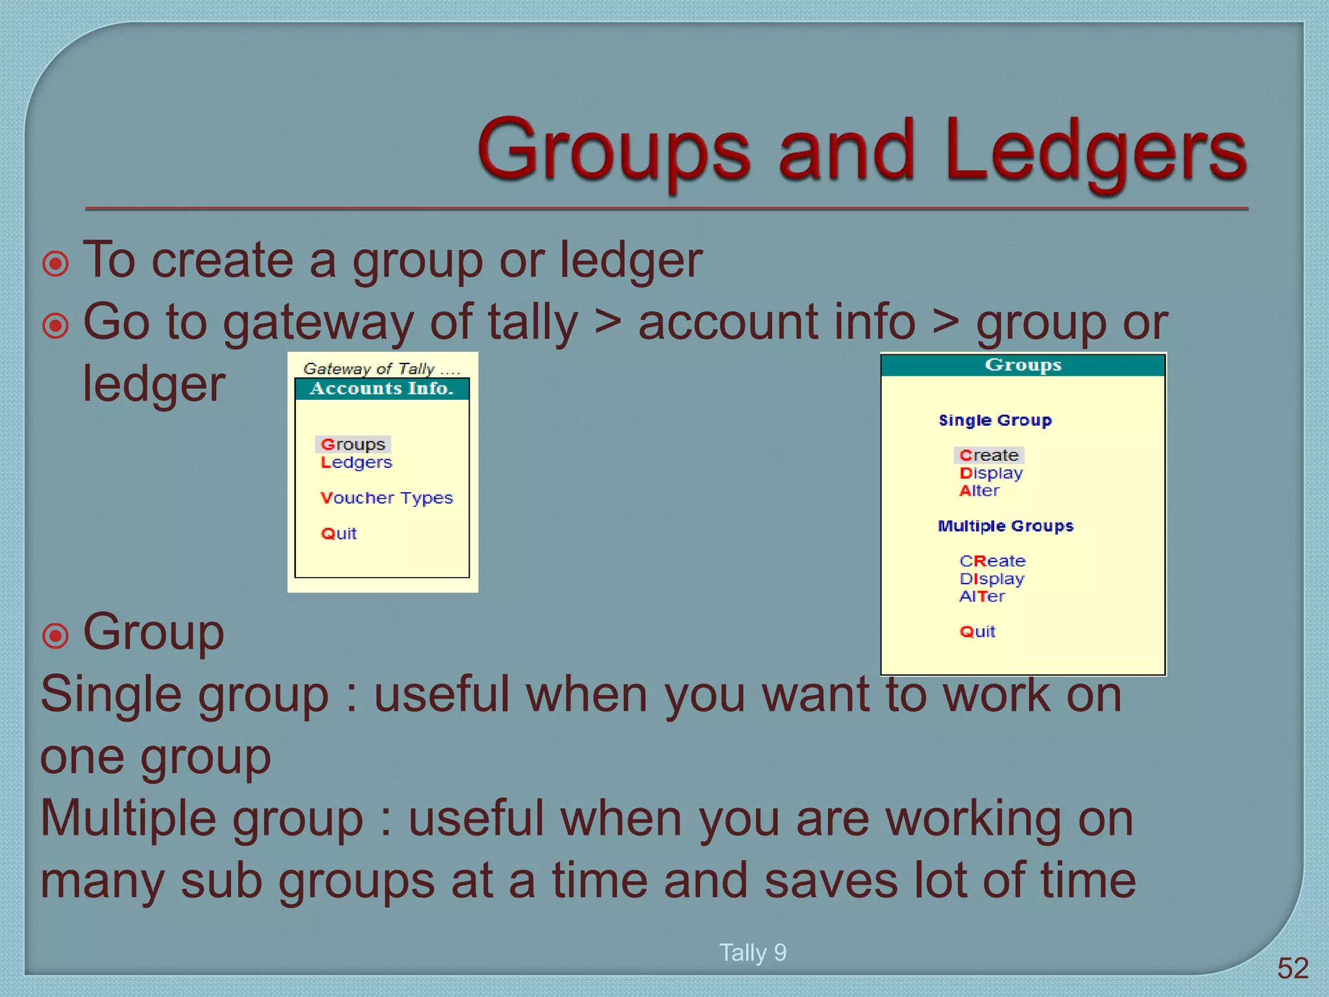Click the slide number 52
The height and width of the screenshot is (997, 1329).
pyautogui.click(x=1293, y=968)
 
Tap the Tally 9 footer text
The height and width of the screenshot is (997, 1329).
pyautogui.click(x=753, y=953)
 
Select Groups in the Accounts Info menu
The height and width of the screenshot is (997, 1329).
pyautogui.click(x=353, y=445)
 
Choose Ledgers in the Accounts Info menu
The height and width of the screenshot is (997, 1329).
pyautogui.click(x=356, y=463)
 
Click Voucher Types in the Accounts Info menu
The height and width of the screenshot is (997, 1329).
pyautogui.click(x=387, y=498)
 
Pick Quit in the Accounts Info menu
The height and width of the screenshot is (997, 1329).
pyautogui.click(x=339, y=534)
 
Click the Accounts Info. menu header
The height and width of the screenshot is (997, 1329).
pyautogui.click(x=382, y=389)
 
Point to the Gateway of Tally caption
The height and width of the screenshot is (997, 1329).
pyautogui.click(x=382, y=369)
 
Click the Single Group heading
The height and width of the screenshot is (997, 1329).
pyautogui.click(x=995, y=421)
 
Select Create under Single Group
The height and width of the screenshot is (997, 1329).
pyautogui.click(x=989, y=456)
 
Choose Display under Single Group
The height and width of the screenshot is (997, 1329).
pyautogui.click(x=991, y=473)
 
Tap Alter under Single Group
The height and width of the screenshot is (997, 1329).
pyautogui.click(x=979, y=491)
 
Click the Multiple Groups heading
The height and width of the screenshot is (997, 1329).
pyautogui.click(x=1005, y=526)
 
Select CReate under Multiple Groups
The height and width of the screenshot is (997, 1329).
pyautogui.click(x=992, y=561)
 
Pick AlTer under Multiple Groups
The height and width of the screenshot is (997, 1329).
pyautogui.click(x=982, y=597)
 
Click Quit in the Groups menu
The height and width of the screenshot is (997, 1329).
pyautogui.click(x=977, y=632)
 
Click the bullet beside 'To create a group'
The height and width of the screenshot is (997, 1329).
pyautogui.click(x=55, y=264)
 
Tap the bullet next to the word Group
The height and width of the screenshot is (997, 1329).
pyautogui.click(x=55, y=636)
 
